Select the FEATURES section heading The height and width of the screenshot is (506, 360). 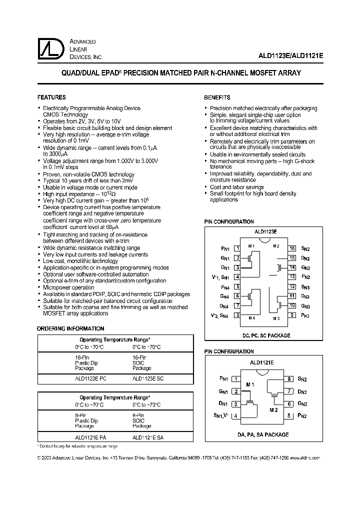click(x=51, y=97)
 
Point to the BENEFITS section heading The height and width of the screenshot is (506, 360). click(x=217, y=97)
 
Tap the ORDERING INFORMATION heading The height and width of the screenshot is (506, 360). click(x=71, y=328)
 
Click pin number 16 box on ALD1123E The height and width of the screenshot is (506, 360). click(x=292, y=248)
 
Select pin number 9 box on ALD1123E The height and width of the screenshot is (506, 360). click(x=292, y=315)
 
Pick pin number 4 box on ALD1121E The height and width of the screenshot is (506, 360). click(x=234, y=415)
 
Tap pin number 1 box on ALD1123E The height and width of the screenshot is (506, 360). click(x=238, y=248)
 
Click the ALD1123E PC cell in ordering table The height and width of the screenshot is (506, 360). click(x=87, y=378)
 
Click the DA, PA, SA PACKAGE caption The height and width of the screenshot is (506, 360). click(x=263, y=434)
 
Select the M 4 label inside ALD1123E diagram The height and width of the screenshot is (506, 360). click(x=252, y=318)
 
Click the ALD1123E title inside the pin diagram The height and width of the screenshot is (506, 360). click(x=265, y=232)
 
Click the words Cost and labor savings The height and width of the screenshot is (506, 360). click(x=236, y=187)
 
